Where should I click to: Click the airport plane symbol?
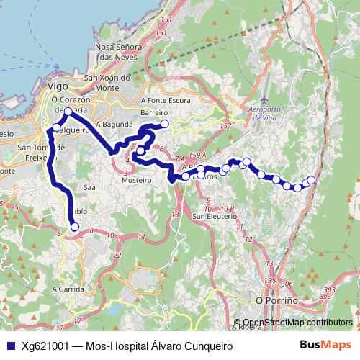265,97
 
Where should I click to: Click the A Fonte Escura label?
166,100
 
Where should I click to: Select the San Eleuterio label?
218,215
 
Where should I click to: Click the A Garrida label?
68,287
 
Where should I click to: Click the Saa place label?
89,186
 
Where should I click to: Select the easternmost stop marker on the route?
312,179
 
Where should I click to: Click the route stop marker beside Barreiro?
165,124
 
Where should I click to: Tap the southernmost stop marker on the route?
74,227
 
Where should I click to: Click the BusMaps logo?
325,345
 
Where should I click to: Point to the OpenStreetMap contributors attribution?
297,323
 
